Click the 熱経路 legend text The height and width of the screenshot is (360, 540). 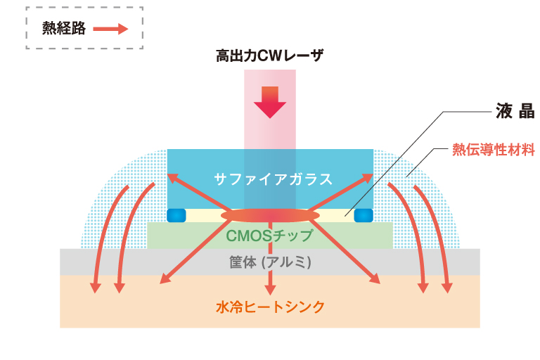(x=63, y=28)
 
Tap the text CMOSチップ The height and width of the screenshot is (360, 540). (x=269, y=235)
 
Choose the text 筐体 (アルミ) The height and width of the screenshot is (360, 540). (x=270, y=262)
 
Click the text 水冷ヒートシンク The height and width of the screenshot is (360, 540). (x=270, y=307)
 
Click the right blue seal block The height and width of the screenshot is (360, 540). (x=364, y=214)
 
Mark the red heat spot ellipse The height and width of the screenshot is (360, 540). (x=270, y=214)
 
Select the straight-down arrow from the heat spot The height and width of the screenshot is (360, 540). (x=270, y=260)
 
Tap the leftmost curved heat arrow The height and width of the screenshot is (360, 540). (x=105, y=239)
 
